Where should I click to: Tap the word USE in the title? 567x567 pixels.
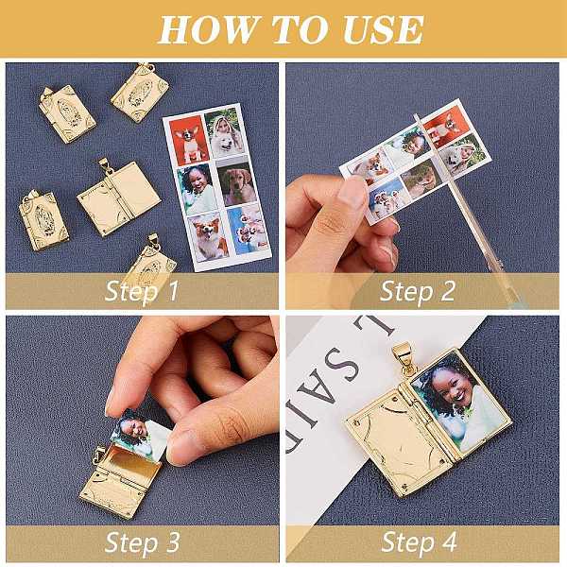coord(383,29)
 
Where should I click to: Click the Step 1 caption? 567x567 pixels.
coord(142,291)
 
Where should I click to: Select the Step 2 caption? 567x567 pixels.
coord(418,291)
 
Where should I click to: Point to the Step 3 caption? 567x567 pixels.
coord(142,543)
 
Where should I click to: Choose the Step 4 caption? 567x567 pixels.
coord(419,543)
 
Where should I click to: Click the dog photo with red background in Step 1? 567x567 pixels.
coord(189,140)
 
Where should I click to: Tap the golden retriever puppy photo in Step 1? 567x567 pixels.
coord(237,183)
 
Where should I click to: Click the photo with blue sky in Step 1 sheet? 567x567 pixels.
coord(249,229)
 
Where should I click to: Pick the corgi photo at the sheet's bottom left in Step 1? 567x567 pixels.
coord(208,237)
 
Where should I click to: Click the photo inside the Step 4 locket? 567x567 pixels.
coord(459,403)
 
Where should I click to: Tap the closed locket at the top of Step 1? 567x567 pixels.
coord(140,93)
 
